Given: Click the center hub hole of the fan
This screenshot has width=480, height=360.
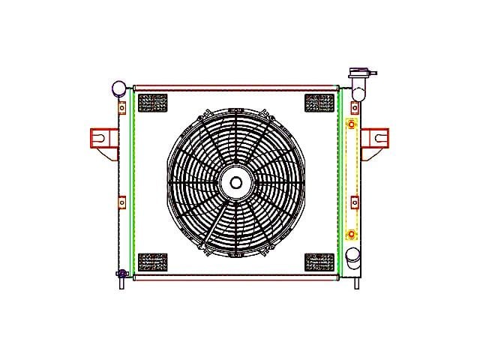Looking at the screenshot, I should coord(236,182).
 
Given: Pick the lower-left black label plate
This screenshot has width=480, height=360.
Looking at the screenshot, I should coord(153,262).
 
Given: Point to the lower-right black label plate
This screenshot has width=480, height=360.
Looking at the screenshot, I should coord(319,262).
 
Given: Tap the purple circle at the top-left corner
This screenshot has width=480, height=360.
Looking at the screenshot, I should coord(118,88).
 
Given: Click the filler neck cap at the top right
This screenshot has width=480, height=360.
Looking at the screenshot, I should coord(360,73).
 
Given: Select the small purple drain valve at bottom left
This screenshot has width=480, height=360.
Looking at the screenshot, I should coord(120,273).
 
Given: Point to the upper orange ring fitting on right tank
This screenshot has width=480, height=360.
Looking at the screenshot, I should coord(351,123).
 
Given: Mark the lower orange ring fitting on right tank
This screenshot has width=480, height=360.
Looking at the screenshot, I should coord(351,235).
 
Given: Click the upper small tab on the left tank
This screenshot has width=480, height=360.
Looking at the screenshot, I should coord(121,107).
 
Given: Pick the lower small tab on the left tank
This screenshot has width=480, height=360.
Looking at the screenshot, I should coord(121,202).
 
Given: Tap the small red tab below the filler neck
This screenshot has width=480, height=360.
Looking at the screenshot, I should coord(355,108).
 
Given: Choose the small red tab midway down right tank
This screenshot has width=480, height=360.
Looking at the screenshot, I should coord(355,202).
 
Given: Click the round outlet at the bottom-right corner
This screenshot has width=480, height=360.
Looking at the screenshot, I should coord(352,262).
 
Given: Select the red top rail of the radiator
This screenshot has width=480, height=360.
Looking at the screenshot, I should coord(236,87).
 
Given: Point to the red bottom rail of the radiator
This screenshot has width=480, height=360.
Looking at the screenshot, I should coord(236,277).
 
